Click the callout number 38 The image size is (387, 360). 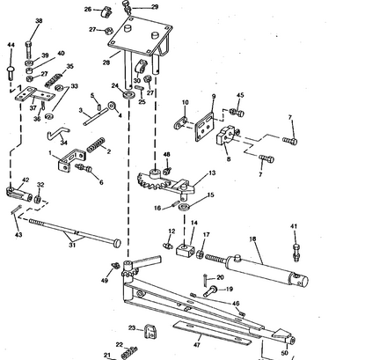[39, 21]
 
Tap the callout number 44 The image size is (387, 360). [11, 45]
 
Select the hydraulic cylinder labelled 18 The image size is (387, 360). [258, 268]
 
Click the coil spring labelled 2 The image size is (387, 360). [96, 144]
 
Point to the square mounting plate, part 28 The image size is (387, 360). [140, 36]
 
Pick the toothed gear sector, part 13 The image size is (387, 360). [165, 182]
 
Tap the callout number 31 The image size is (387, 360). [72, 245]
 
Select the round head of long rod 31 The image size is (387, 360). [117, 243]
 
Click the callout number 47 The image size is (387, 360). [197, 345]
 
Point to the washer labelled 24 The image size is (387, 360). [128, 95]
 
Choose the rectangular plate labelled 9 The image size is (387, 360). [205, 127]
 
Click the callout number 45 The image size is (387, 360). [240, 95]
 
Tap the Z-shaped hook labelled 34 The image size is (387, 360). [58, 133]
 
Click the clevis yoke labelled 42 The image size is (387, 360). [19, 195]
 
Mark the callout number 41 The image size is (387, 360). [294, 226]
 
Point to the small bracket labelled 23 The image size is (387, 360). [150, 332]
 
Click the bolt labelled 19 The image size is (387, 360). [210, 291]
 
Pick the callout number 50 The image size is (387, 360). [284, 353]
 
